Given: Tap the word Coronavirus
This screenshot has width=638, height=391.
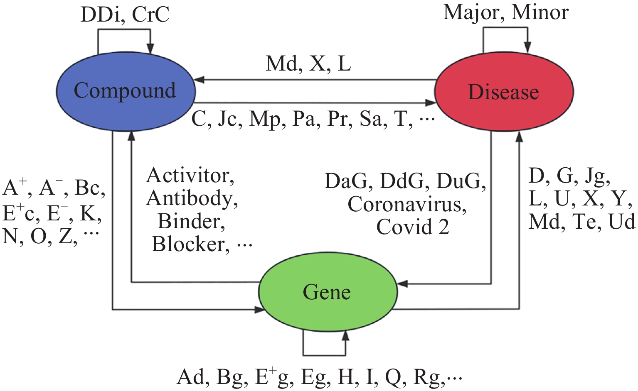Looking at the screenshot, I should coord(406,204).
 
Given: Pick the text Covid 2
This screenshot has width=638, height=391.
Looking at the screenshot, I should coord(412,227).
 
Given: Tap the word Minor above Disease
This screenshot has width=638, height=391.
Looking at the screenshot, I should coord(540,12).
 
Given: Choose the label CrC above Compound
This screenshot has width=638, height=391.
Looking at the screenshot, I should coord(150,15).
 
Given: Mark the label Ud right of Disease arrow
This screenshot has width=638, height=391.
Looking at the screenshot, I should coord(622,222).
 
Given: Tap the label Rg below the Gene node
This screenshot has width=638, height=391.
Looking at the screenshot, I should coord(427,377).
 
